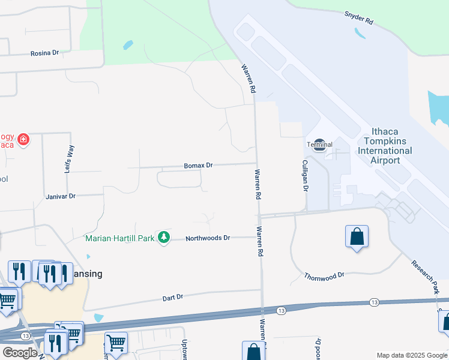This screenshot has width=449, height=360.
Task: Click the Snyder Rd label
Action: coord(359,18)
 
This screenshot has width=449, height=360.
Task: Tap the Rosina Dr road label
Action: coord(45,53)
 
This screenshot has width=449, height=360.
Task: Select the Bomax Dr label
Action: coord(198,165)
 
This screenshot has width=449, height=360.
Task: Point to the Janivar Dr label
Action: coord(60,196)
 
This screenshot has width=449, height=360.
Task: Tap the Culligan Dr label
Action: coord(305,175)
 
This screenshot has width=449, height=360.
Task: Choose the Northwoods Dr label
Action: coord(208,238)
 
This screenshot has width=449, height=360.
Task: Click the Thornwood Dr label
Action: coord(324,276)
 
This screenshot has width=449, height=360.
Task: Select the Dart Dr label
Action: coord(172,297)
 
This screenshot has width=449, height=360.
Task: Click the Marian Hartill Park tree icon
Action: coord(163,238)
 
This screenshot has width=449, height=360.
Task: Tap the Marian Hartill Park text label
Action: coord(119,238)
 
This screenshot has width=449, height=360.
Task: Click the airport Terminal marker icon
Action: coord(320,144)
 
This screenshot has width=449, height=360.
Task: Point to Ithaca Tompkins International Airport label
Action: coord(385,146)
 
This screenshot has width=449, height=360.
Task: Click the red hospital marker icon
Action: coord(23,139)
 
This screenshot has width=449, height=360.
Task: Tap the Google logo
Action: coord(19,353)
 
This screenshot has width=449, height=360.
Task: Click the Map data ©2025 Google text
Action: coord(412,355)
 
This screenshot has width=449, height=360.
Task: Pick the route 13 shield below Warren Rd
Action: coord(281,310)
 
